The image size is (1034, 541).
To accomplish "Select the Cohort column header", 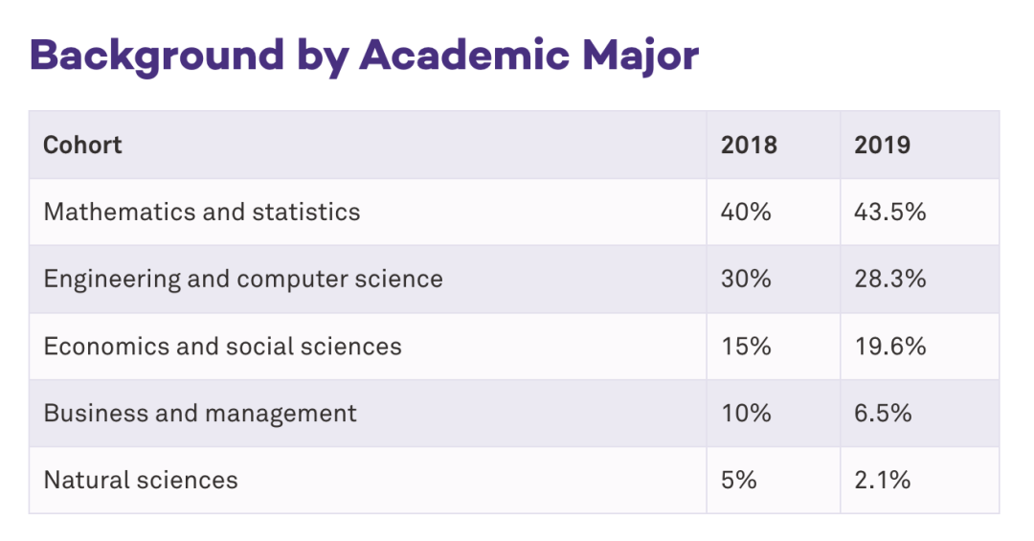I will [82, 145].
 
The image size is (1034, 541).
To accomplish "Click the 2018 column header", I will [749, 145].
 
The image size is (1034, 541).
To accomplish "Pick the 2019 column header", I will [882, 145].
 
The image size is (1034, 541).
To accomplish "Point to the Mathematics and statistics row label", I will [202, 212].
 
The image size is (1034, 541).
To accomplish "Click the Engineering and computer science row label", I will [243, 279].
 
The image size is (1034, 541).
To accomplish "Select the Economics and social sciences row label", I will [222, 346].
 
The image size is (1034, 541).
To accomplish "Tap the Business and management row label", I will [200, 413].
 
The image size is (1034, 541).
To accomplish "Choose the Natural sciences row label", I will [141, 480].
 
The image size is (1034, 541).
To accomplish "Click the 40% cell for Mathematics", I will [746, 212].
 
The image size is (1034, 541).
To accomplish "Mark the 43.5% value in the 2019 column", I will [889, 212].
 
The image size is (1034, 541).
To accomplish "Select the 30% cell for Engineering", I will [746, 279].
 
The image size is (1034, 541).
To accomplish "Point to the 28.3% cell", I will [889, 279].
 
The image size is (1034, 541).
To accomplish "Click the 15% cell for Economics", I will [746, 346].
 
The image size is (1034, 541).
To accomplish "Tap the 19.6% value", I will [889, 346].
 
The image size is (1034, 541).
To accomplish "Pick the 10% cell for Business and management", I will [746, 413].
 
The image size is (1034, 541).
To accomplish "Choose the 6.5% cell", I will [883, 413].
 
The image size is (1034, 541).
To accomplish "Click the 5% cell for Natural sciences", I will [739, 480].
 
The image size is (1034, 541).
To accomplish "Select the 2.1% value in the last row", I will [882, 480].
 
